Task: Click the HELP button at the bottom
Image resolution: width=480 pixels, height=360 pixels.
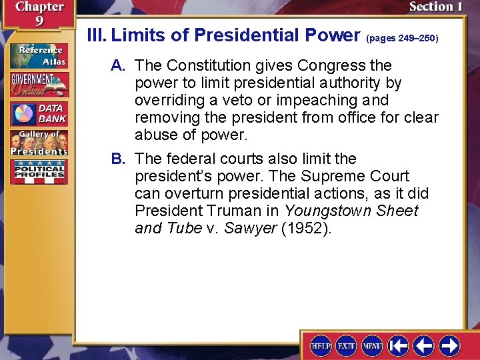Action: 321,345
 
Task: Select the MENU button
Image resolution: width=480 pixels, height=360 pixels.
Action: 372,345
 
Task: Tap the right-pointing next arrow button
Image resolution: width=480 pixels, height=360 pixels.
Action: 449,345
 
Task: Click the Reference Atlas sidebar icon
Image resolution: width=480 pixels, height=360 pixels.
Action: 38,55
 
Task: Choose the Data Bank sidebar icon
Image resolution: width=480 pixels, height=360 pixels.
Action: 38,113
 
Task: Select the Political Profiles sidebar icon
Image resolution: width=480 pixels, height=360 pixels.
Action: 38,171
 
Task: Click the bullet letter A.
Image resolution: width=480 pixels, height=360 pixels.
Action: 119,65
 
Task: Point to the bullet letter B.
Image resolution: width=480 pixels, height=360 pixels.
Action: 119,159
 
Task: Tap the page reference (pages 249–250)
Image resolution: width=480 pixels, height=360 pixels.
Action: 402,38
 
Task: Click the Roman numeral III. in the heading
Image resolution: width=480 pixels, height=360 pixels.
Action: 97,35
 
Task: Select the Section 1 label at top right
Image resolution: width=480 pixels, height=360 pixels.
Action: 435,7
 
